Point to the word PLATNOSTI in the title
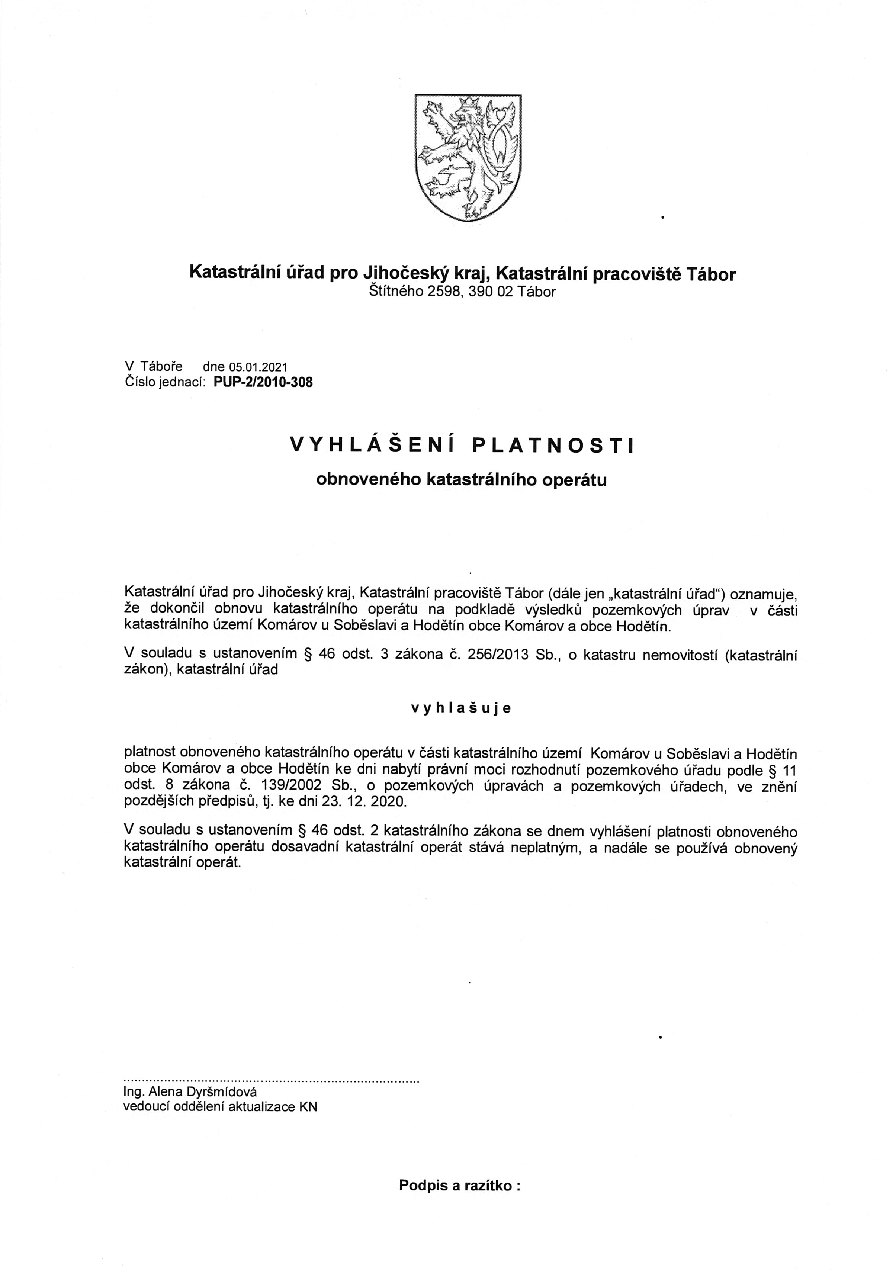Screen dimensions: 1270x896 point(553,445)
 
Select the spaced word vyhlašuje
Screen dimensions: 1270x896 point(461,708)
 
